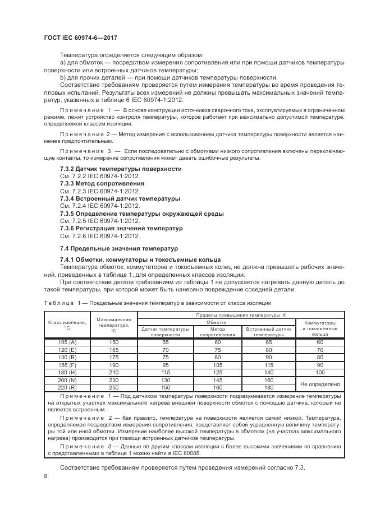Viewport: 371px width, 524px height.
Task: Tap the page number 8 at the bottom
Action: [45, 476]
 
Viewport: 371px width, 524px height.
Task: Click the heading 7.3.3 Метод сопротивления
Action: [102, 183]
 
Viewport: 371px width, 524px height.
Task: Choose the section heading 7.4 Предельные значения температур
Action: [118, 248]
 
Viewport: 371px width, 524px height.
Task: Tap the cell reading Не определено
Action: [320, 384]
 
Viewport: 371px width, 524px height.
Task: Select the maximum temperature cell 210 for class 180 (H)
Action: [114, 372]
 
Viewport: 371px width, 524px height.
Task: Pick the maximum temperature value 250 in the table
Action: [114, 387]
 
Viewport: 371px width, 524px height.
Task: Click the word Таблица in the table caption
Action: [58, 303]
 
